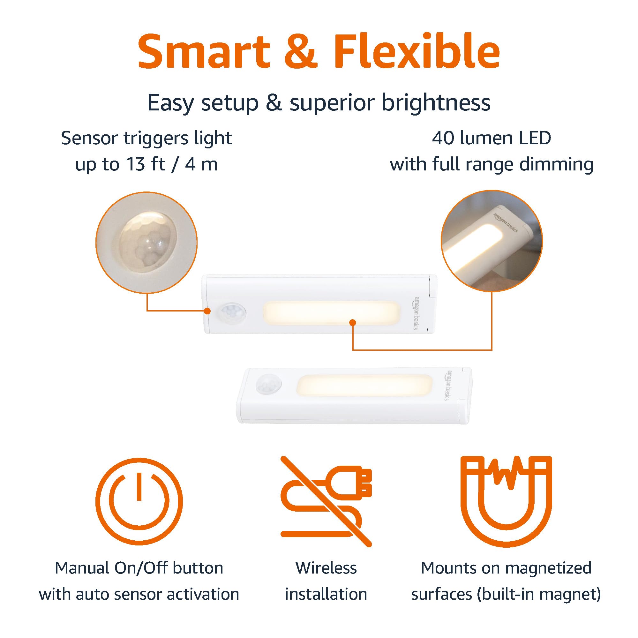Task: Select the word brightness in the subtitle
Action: [436, 103]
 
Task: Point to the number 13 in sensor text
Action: [135, 164]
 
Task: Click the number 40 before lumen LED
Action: [443, 138]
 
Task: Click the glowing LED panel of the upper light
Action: [332, 313]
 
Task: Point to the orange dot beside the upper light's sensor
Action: [207, 311]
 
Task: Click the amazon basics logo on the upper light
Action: [416, 312]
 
